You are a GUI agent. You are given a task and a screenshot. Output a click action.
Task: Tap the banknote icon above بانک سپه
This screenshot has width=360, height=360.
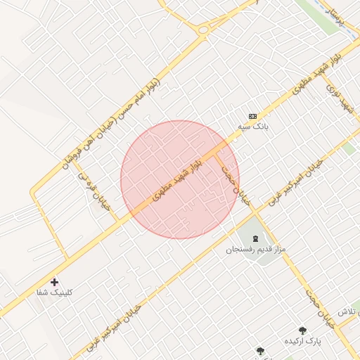[252, 116]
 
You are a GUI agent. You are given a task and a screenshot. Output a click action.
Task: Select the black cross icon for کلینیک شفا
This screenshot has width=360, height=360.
[54, 281]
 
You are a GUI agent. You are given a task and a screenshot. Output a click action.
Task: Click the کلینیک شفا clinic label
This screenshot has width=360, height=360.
[55, 292]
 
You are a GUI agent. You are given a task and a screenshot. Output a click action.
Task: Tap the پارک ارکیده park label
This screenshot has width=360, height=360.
[302, 340]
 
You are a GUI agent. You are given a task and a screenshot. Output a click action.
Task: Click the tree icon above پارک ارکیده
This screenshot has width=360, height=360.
[302, 330]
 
